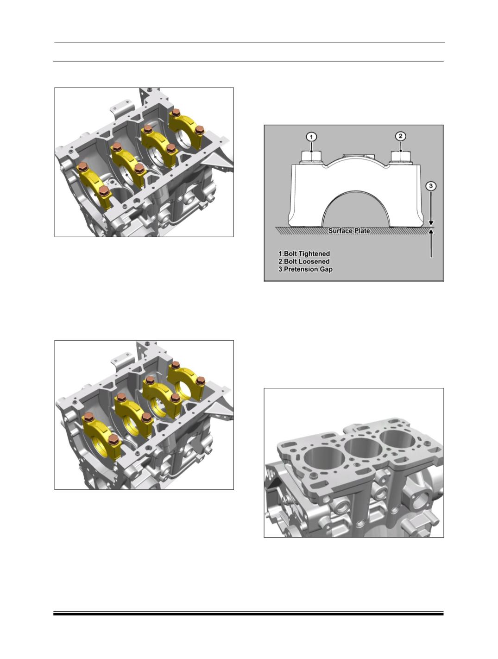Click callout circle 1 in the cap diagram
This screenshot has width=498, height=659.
tap(312, 137)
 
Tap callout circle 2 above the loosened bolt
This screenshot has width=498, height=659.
tap(400, 136)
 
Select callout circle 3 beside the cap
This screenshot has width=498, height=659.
tap(431, 186)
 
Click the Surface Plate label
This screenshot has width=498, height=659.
tap(349, 231)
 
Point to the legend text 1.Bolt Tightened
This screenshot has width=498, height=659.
tap(304, 254)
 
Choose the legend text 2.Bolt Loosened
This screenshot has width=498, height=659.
tap(304, 261)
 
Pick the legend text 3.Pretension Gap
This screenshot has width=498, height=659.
tap(305, 269)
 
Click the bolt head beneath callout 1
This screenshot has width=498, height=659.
tap(311, 156)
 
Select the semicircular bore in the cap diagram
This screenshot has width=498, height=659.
tap(356, 211)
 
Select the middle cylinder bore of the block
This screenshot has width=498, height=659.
tap(362, 448)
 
